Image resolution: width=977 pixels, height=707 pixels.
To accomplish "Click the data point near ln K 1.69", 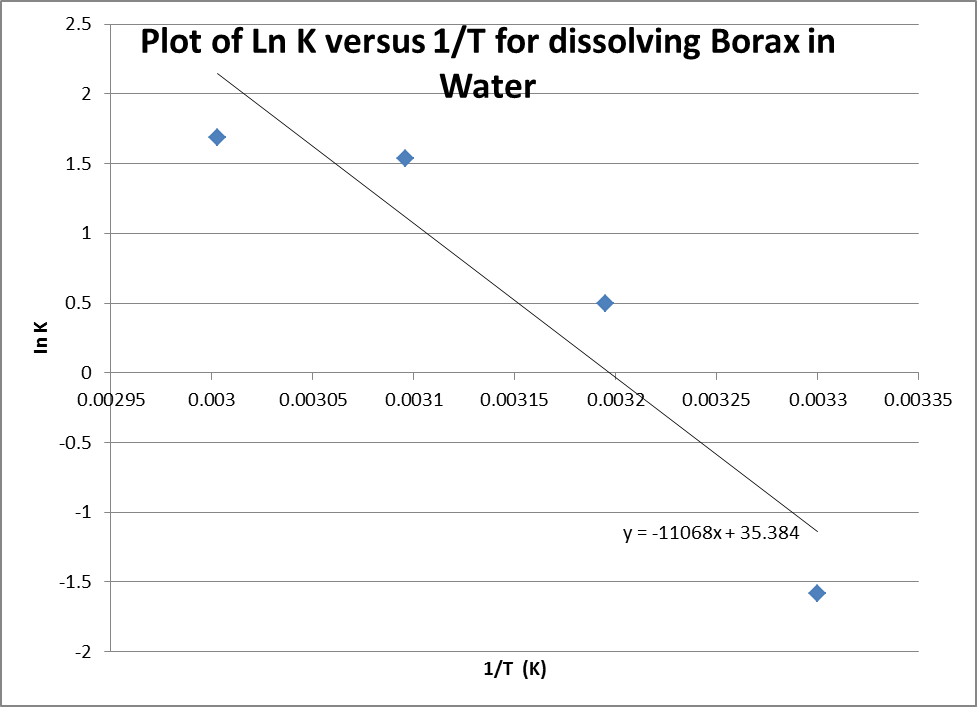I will point(217,137).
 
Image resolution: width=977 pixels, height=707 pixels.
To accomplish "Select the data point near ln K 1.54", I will point(405,158).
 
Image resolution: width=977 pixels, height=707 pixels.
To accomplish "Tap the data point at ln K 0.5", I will point(605,303).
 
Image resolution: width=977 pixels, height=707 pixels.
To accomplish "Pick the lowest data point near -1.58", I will point(817,593).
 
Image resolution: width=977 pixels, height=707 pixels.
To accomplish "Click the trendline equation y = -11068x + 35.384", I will point(711,534).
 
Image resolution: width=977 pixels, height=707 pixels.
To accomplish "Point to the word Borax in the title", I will point(712,43).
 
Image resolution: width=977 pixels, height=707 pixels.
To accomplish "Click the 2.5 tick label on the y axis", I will point(79,24).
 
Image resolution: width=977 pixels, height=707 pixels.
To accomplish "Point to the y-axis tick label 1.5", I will point(79,163).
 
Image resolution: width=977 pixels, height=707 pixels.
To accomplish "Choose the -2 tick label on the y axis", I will point(83,651).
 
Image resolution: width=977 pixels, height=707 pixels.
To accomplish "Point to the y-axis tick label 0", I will point(87,372).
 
